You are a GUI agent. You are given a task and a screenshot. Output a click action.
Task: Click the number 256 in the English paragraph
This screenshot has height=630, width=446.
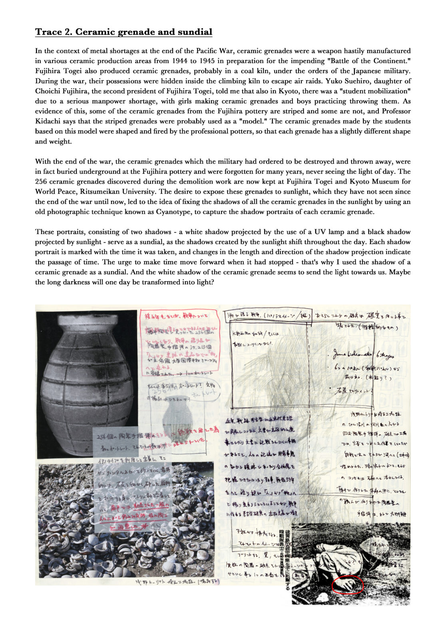42,182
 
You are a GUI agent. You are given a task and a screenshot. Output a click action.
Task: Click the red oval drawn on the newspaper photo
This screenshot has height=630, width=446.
348,585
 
